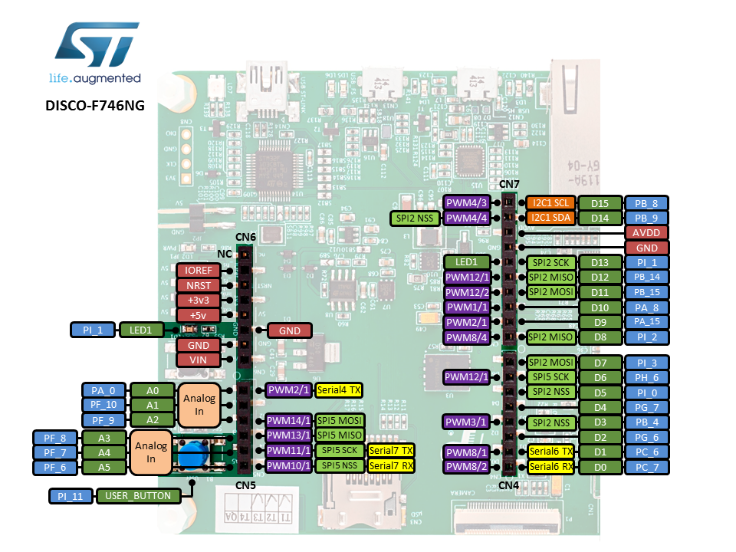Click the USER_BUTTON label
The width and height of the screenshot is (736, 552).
tap(139, 496)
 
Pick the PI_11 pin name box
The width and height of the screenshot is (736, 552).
tap(70, 496)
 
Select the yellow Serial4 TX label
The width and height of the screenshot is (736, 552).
tap(338, 390)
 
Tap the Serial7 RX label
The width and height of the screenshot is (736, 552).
tap(391, 465)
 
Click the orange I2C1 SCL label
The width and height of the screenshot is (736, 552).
tap(550, 203)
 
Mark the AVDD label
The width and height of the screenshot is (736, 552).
tap(646, 232)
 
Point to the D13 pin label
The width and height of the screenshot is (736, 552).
tap(600, 262)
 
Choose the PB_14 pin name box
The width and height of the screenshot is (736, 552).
tap(646, 277)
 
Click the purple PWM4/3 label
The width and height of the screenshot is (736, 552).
tap(466, 203)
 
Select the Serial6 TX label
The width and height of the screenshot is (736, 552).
tap(550, 451)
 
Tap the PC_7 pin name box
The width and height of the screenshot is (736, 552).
tap(646, 466)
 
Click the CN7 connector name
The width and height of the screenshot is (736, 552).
tap(509, 184)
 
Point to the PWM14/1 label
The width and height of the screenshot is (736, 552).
tap(288, 420)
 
